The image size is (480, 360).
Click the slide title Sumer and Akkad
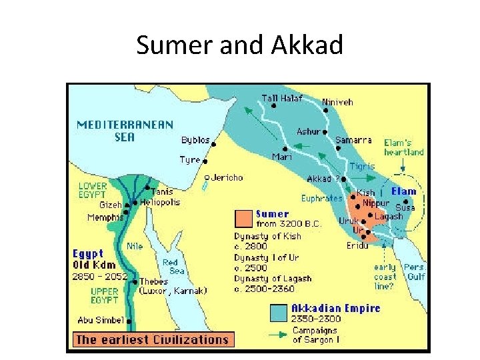(x=239, y=45)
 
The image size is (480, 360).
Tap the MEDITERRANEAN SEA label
(x=125, y=130)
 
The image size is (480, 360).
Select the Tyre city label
(x=189, y=160)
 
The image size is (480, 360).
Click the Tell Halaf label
(x=281, y=98)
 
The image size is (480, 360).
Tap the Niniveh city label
(x=337, y=102)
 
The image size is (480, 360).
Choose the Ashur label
(x=308, y=131)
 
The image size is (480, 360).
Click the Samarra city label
(x=353, y=140)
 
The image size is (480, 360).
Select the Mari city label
(x=281, y=157)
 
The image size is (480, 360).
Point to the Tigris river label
(x=362, y=166)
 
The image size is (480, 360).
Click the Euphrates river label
(x=321, y=198)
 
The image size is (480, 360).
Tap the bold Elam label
(x=404, y=191)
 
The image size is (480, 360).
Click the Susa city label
(x=405, y=207)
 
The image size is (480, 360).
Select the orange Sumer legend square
(x=243, y=218)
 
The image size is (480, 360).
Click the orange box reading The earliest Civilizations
(x=152, y=339)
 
